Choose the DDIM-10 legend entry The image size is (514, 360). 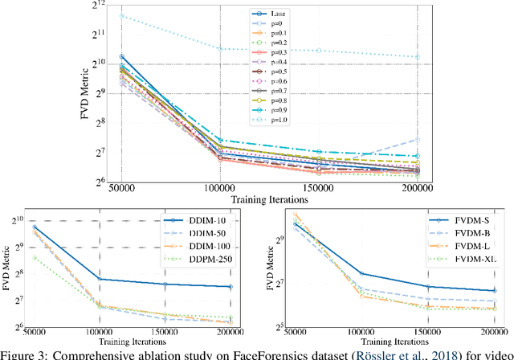tap(190, 221)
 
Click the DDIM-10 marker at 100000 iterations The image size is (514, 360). tap(98, 280)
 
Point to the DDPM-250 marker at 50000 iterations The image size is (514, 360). tap(35, 257)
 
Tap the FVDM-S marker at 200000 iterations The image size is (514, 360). tap(492, 291)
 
